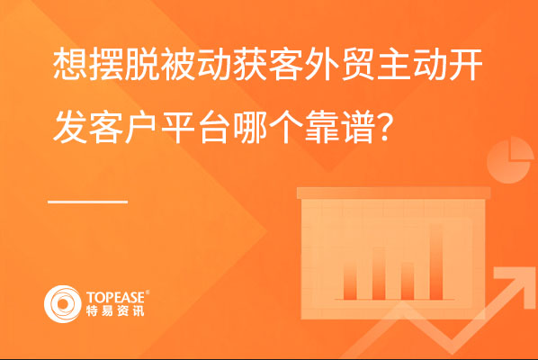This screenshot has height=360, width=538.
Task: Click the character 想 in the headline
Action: (71, 65)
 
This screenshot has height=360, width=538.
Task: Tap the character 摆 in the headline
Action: (106, 65)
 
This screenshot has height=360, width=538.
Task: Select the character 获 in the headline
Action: (250, 65)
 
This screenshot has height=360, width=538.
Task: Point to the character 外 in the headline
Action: (322, 65)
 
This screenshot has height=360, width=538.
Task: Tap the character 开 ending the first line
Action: (466, 65)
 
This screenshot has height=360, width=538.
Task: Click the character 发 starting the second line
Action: (71, 127)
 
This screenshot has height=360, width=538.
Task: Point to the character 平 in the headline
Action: (178, 127)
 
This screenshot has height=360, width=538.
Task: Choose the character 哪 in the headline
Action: (250, 127)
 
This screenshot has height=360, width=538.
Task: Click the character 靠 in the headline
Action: (322, 127)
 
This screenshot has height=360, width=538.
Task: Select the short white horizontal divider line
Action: (88, 202)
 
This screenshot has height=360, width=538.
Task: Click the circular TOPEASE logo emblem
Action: (62, 304)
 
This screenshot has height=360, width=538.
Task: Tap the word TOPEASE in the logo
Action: (116, 297)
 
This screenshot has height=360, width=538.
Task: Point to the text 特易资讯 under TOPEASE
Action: (115, 310)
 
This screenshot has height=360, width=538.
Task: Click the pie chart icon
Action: (510, 160)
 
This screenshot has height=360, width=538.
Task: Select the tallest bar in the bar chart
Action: (436, 262)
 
